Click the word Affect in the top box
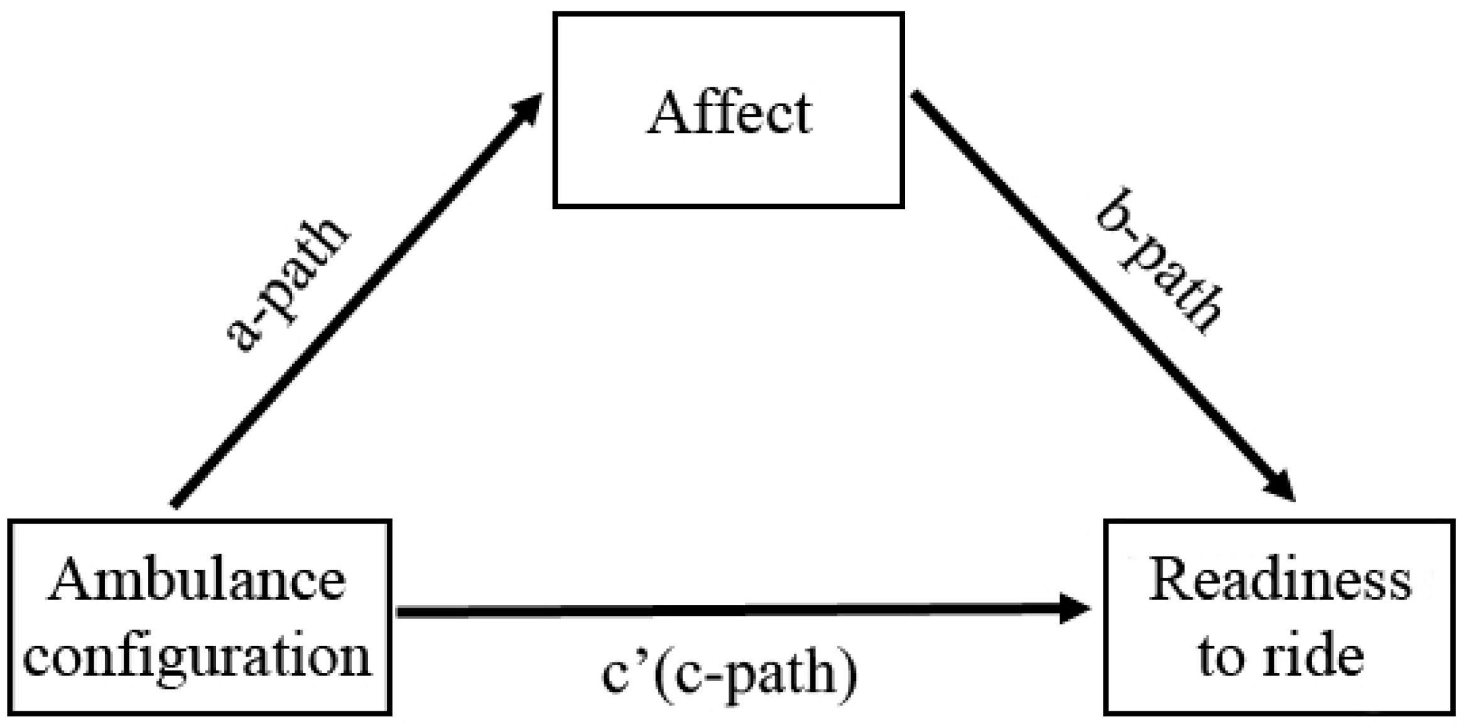[729, 114]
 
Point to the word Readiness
[1279, 581]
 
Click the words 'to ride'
[1279, 657]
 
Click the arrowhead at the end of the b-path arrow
[1279, 487]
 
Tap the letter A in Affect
[667, 114]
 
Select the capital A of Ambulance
[70, 581]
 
